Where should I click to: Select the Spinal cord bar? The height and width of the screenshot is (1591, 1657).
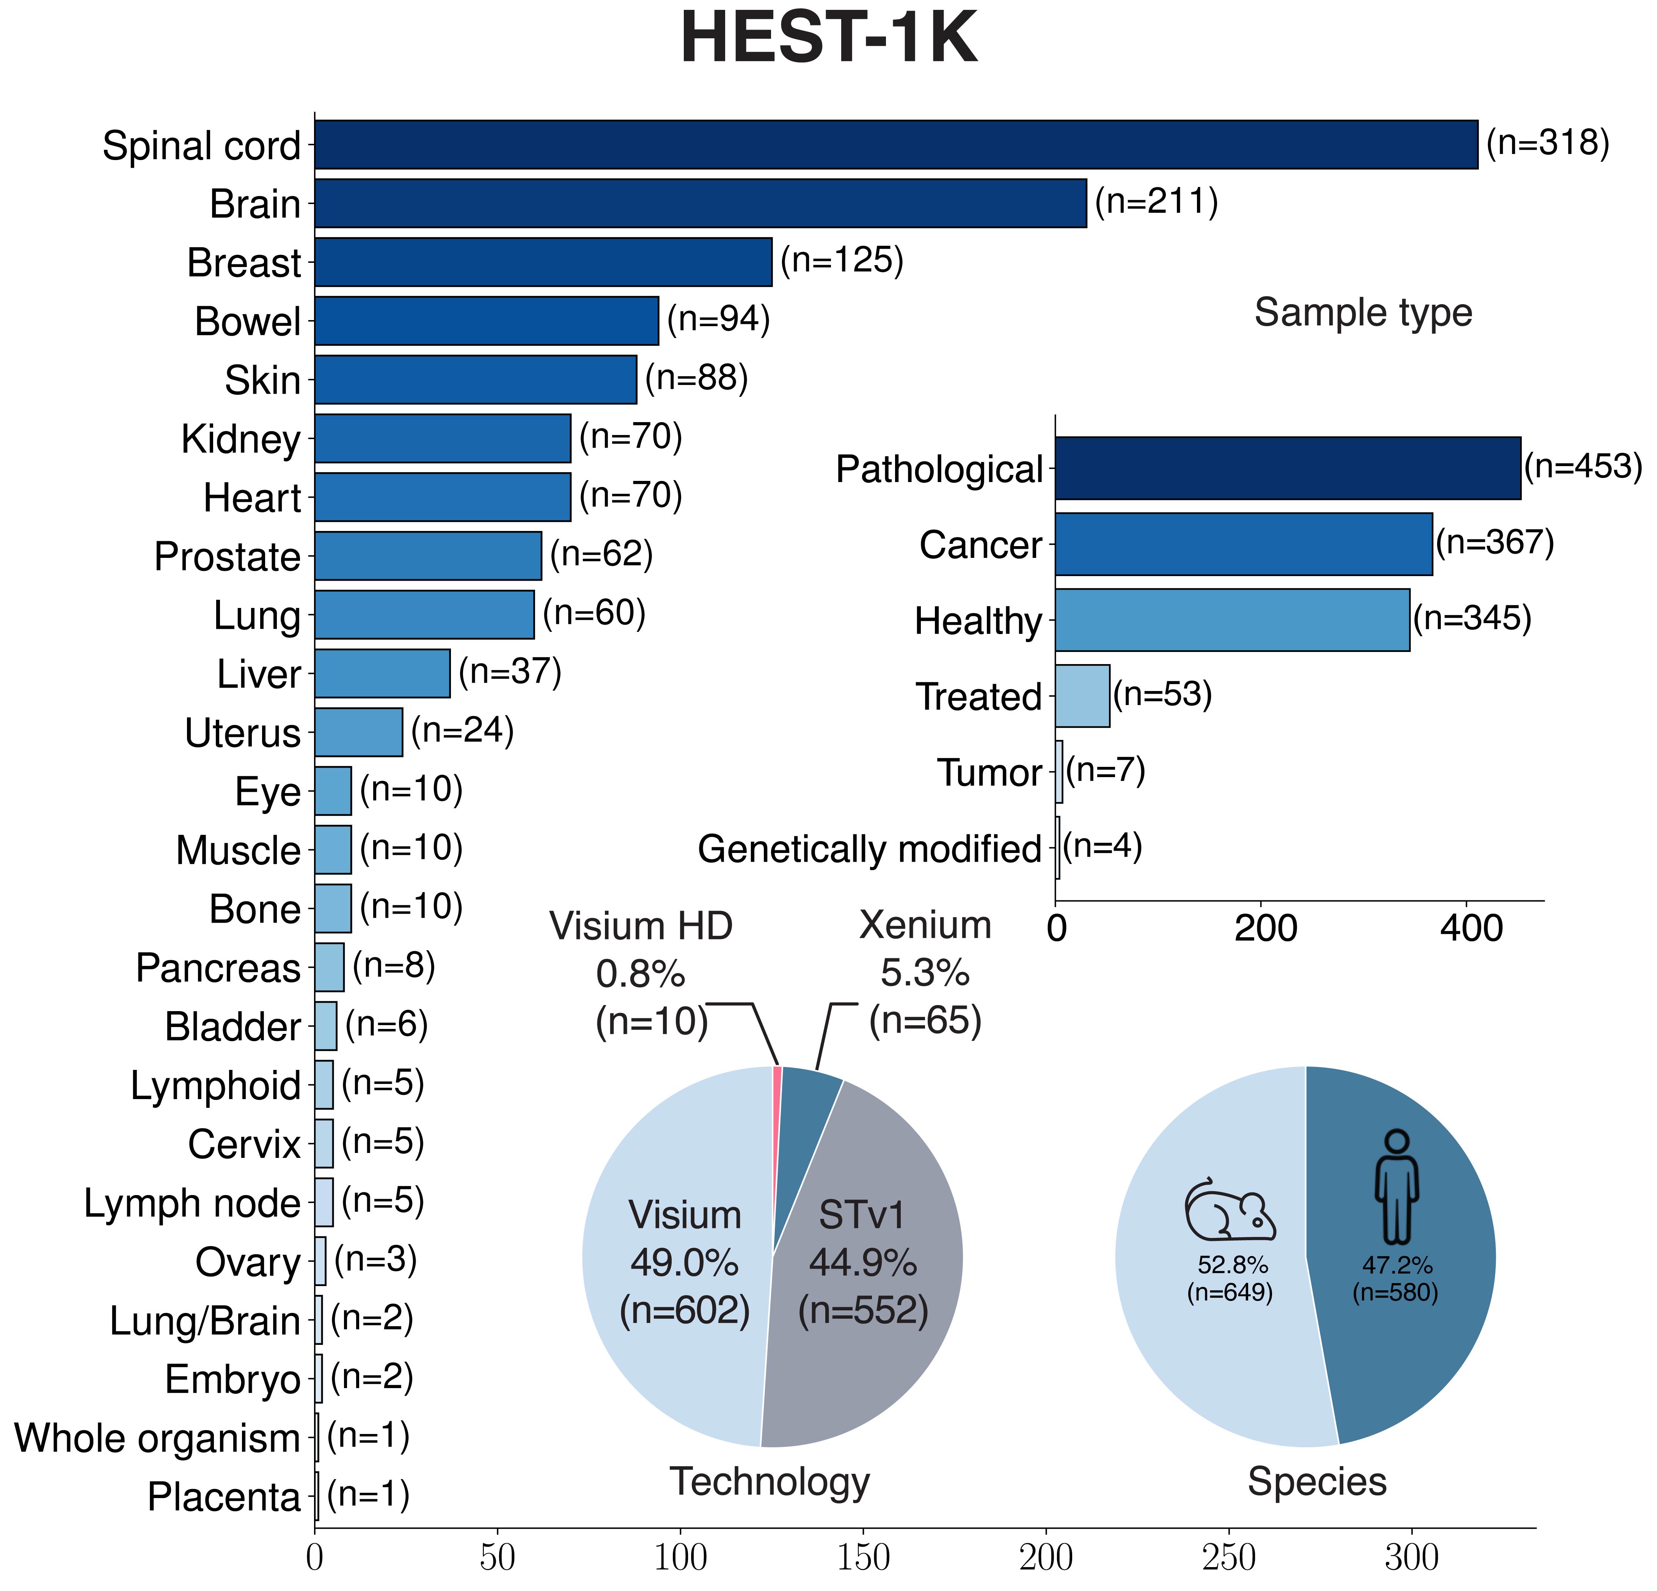[896, 144]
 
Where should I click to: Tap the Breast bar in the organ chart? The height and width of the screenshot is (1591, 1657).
[543, 262]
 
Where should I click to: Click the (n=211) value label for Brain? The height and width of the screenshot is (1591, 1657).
[1156, 202]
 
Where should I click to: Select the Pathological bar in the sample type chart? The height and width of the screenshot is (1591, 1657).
[1287, 468]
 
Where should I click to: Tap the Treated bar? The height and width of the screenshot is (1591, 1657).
[1082, 696]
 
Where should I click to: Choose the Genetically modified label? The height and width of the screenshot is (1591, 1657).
[869, 849]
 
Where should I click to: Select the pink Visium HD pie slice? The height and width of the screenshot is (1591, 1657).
[777, 1090]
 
